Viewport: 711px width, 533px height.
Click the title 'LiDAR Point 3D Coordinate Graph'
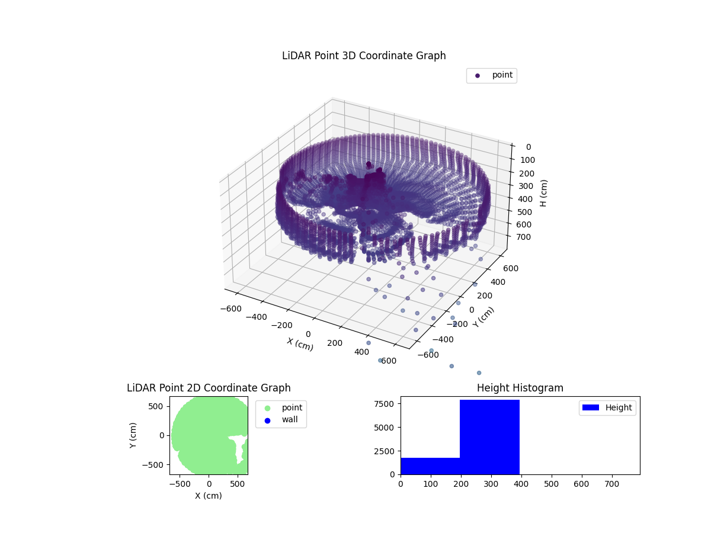click(364, 56)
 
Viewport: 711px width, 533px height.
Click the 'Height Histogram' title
click(520, 388)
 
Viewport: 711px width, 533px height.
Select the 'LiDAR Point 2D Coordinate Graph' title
click(209, 388)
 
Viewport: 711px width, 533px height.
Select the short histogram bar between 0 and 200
click(430, 465)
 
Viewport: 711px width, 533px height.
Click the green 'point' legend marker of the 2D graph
click(267, 408)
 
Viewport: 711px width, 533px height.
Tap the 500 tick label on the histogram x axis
click(552, 483)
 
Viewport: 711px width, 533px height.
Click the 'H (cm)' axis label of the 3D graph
click(543, 192)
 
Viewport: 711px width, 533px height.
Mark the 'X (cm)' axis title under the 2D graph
click(209, 496)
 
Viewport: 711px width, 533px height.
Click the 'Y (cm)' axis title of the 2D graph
click(134, 435)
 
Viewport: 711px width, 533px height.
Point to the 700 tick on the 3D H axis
click(523, 237)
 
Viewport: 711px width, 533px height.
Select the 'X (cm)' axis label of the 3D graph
click(300, 344)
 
